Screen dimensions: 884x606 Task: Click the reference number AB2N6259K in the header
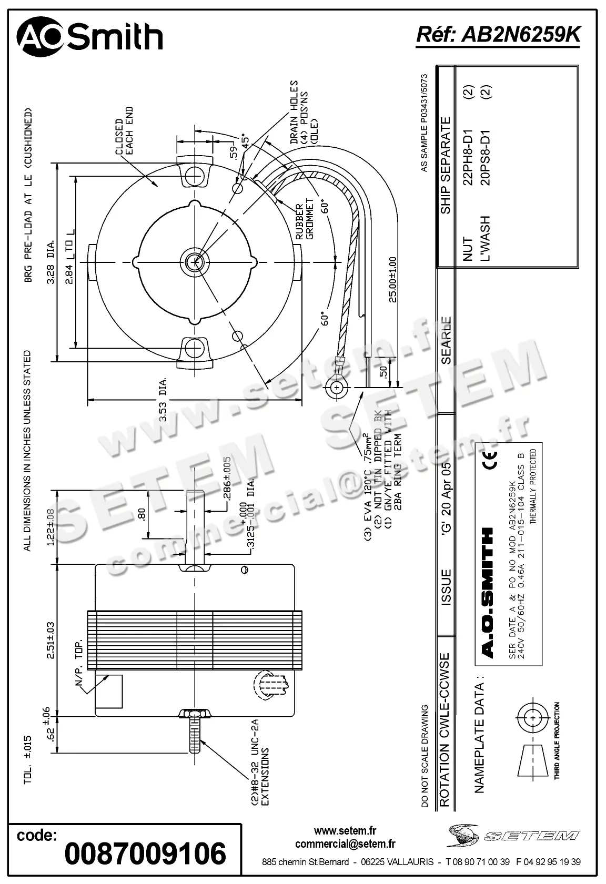(498, 35)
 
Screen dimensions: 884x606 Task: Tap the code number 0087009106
(145, 853)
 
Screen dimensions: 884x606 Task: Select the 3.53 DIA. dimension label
(163, 399)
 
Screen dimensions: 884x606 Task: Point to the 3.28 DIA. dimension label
(51, 262)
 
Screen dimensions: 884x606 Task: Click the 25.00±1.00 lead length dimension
(392, 280)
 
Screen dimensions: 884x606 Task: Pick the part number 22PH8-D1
(468, 157)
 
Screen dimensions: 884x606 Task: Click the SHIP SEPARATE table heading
(446, 165)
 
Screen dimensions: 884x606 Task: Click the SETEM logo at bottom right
(513, 835)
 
